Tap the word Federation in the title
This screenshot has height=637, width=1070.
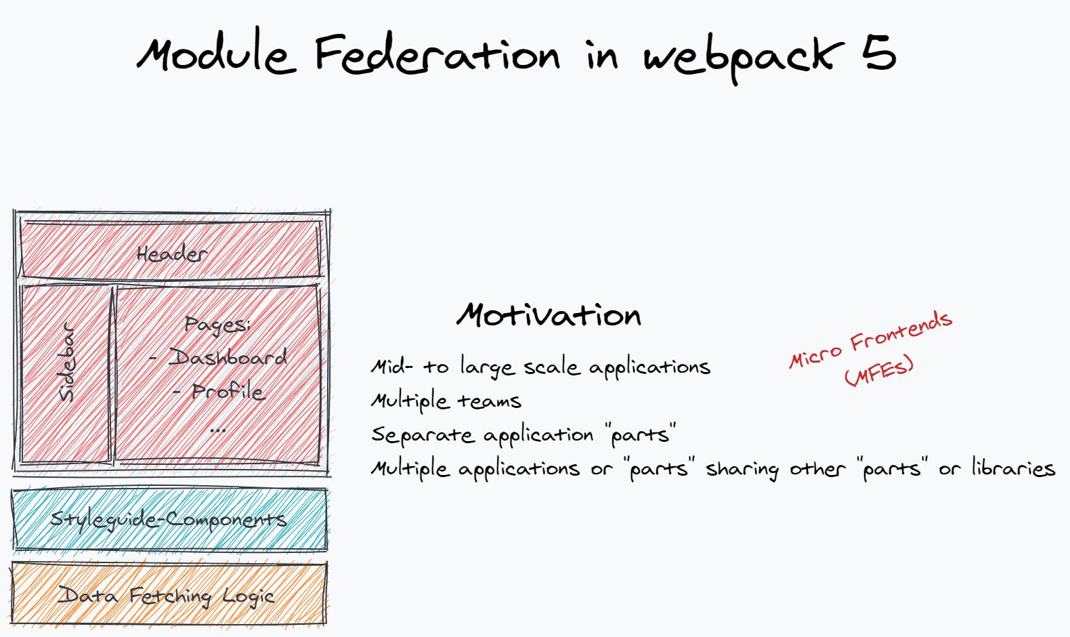tap(437, 54)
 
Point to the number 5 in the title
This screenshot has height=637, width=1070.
tap(879, 53)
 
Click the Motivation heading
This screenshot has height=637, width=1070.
tap(549, 315)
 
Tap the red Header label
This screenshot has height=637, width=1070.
tap(171, 254)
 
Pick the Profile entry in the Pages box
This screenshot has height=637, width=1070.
tap(228, 392)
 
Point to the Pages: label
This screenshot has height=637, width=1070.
tap(217, 325)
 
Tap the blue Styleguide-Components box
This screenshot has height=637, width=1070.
tap(169, 520)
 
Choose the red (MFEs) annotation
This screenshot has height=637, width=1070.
tap(879, 371)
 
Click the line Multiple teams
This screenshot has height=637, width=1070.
tap(446, 401)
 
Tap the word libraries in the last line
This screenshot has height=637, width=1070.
tap(1013, 468)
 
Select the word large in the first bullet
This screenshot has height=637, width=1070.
tap(487, 367)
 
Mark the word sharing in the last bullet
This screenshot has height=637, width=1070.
tap(742, 469)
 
